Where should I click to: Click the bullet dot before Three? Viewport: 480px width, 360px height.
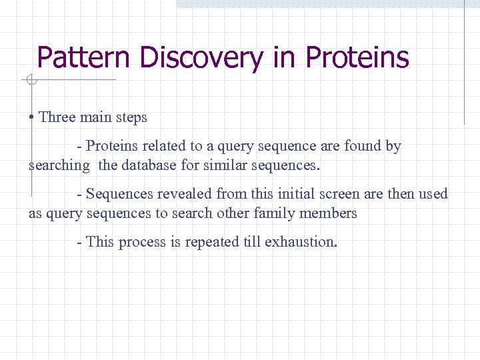32,118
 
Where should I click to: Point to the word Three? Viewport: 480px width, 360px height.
57,117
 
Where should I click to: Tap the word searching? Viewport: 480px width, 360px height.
59,165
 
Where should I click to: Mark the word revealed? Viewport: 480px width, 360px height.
177,194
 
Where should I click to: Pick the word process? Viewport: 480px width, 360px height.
142,242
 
